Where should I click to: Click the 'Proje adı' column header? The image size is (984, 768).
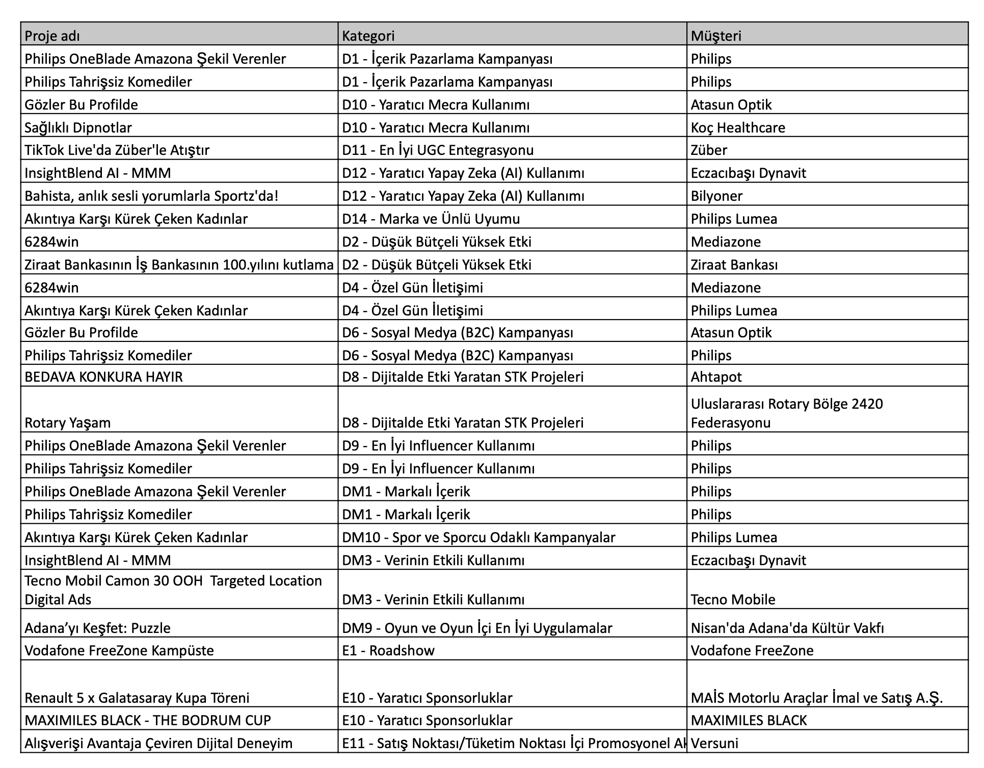(x=52, y=36)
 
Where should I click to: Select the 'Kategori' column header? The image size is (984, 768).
(x=368, y=36)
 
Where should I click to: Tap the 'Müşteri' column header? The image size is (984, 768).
(x=715, y=36)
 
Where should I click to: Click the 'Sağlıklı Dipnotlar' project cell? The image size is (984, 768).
(x=78, y=127)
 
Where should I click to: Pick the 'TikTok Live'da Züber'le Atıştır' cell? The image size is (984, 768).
(x=117, y=150)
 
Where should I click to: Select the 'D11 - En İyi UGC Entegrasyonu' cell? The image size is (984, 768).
(x=438, y=150)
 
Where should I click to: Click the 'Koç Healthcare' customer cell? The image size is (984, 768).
(x=737, y=127)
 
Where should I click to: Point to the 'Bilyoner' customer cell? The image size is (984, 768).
(x=716, y=196)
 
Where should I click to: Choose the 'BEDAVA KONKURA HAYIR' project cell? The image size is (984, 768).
(x=103, y=377)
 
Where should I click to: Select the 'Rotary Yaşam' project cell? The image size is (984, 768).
(x=67, y=422)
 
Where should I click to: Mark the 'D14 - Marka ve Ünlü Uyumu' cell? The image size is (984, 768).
(x=431, y=219)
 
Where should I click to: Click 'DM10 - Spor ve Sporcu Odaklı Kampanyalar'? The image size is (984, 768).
(x=478, y=537)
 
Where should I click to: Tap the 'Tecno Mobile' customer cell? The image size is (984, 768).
(x=733, y=599)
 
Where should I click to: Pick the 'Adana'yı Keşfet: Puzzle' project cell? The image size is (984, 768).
(x=97, y=628)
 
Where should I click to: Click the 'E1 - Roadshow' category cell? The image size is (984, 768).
(x=388, y=650)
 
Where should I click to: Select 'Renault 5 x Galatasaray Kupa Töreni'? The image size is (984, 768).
(x=137, y=698)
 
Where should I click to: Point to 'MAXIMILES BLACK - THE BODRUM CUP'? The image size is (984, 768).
(x=147, y=720)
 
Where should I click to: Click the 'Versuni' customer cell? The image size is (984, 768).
(x=714, y=743)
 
